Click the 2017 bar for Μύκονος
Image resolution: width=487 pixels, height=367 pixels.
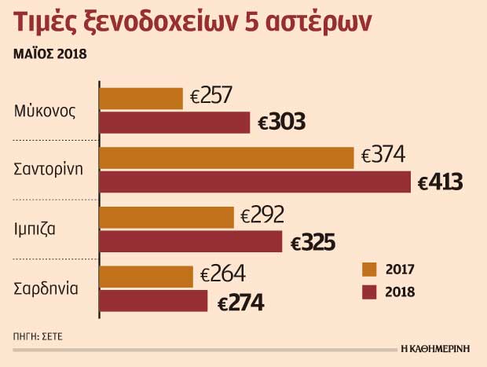point(141,97)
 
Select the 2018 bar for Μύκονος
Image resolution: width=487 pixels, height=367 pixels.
point(174,123)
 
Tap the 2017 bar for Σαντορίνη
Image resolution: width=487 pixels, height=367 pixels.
point(227,157)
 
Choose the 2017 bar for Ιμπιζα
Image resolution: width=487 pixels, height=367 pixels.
point(167,217)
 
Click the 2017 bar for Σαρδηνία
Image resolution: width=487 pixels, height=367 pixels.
point(147,277)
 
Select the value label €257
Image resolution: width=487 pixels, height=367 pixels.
point(210,96)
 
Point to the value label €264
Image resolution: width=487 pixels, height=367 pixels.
point(223,275)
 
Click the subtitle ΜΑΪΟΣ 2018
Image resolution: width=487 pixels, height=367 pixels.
point(49,54)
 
